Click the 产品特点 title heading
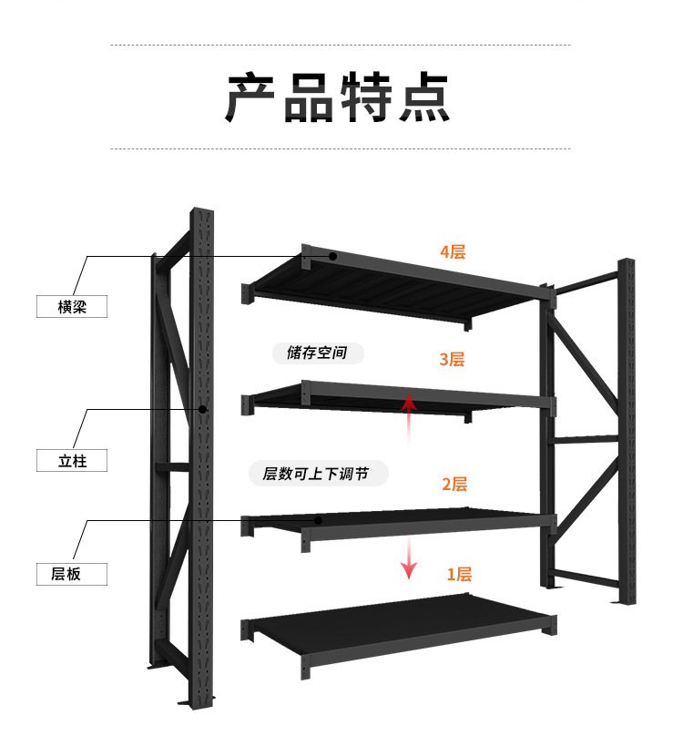(338, 97)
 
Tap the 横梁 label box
(72, 306)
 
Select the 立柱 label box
(72, 461)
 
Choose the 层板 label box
(72, 574)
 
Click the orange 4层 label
(453, 252)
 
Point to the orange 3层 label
(452, 360)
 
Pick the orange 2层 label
(454, 484)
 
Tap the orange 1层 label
(459, 574)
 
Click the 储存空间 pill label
(318, 353)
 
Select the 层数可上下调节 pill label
(318, 473)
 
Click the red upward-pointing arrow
(409, 418)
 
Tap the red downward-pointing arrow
(409, 558)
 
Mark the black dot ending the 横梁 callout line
(332, 256)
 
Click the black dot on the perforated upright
(203, 409)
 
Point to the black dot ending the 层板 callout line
(318, 520)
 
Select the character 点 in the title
(424, 97)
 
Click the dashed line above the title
(341, 46)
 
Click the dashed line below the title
(341, 148)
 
